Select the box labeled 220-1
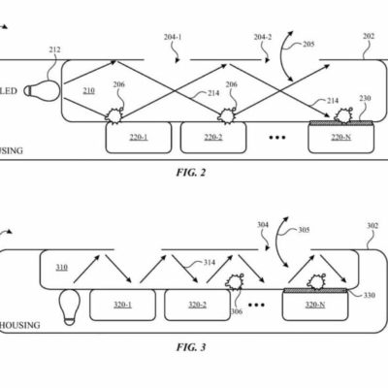138,138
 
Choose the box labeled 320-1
123,305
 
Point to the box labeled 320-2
197,305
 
